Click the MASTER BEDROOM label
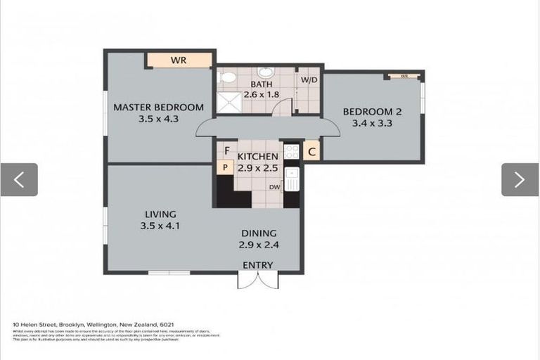click(x=158, y=108)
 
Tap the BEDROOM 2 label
click(x=372, y=111)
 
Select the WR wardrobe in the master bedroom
click(x=179, y=60)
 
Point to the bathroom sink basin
click(x=265, y=72)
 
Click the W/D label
click(x=309, y=79)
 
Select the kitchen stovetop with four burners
click(x=291, y=152)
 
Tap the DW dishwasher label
click(x=275, y=187)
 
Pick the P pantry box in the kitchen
click(x=225, y=167)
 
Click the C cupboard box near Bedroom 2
click(x=311, y=151)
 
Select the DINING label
click(x=259, y=233)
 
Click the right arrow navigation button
click(x=520, y=180)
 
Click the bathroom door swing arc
click(x=282, y=108)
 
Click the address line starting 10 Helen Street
click(x=94, y=324)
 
